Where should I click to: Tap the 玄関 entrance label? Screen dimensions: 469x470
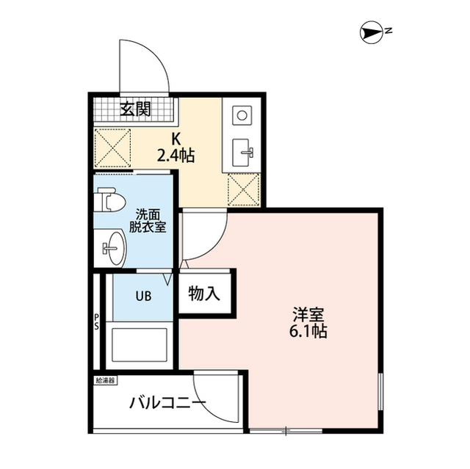click(136, 110)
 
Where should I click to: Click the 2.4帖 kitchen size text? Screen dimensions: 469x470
click(176, 155)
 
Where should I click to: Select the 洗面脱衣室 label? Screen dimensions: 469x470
click(150, 221)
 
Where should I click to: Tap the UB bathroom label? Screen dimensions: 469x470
click(142, 297)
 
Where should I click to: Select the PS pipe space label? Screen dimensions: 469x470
click(97, 322)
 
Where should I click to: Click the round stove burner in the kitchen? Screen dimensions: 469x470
click(241, 116)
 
